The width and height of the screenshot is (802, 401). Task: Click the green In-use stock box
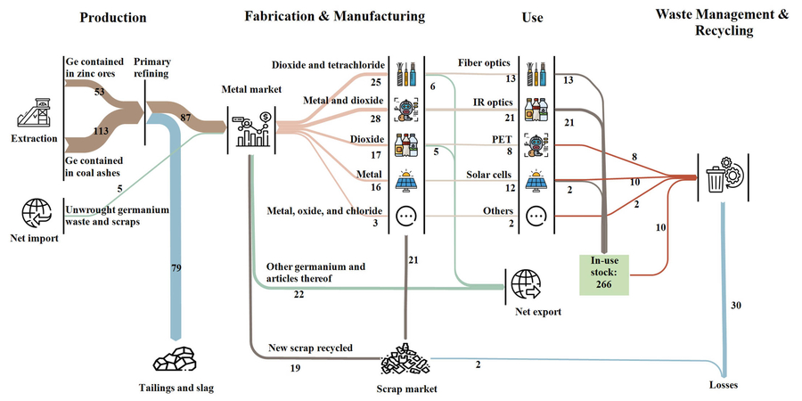[x=604, y=271]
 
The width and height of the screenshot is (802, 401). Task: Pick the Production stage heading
[x=112, y=17]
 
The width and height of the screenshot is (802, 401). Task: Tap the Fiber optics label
[x=485, y=63]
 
